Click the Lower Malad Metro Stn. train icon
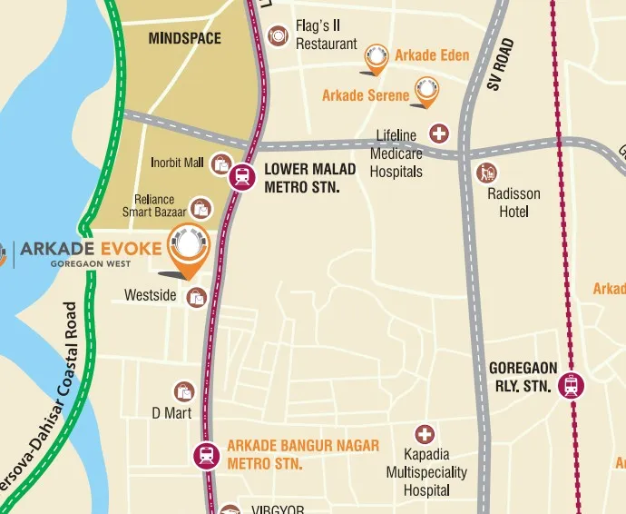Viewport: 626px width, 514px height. click(242, 176)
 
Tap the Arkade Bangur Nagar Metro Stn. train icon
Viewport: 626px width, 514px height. click(206, 454)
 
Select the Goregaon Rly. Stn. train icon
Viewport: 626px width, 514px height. click(572, 385)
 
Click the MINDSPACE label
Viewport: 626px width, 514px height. click(184, 39)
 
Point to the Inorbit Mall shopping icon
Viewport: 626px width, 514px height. click(220, 164)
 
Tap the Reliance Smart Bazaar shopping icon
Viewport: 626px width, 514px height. click(201, 209)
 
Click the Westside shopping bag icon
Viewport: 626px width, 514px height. click(196, 296)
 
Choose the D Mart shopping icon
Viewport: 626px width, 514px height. click(185, 391)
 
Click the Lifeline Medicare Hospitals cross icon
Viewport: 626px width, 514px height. click(439, 133)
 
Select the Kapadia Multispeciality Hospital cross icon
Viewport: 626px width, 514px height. click(424, 435)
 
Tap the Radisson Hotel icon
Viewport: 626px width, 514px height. click(487, 173)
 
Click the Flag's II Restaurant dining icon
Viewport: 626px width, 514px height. click(279, 35)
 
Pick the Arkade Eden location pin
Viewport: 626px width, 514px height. click(376, 59)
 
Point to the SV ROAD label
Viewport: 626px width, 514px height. click(500, 64)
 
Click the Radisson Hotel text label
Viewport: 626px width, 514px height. click(514, 203)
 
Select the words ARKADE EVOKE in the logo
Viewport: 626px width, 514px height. click(91, 248)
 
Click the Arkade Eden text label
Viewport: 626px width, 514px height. click(432, 55)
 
